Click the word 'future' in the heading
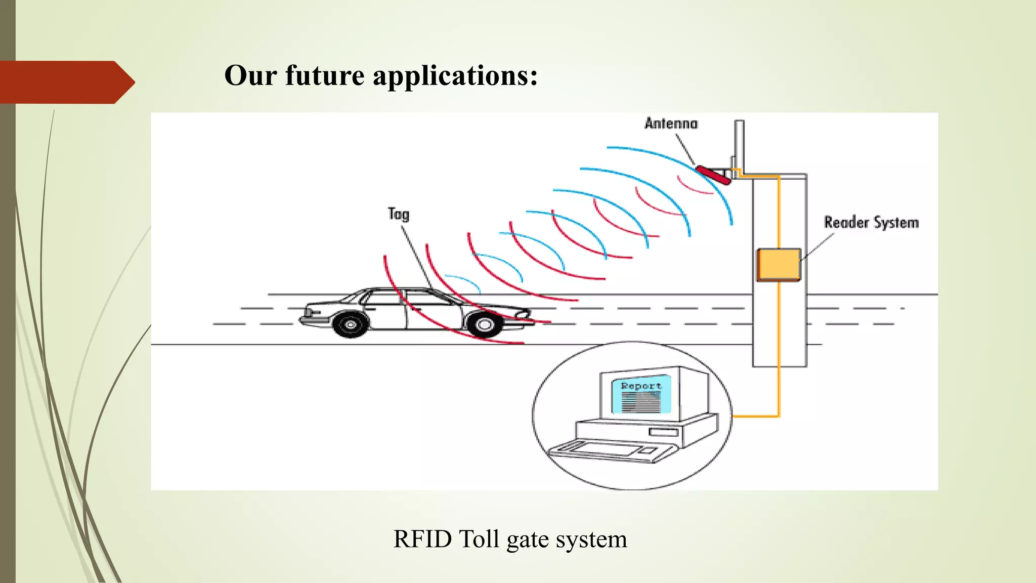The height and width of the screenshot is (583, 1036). [324, 76]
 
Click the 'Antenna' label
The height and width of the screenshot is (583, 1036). [671, 123]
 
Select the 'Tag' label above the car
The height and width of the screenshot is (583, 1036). [399, 214]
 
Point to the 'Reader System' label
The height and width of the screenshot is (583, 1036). [871, 223]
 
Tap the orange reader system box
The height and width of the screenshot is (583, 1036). [779, 264]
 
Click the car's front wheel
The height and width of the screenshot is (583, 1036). [484, 324]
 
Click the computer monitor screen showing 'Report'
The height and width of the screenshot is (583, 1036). [641, 395]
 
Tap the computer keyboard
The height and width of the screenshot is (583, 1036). [607, 450]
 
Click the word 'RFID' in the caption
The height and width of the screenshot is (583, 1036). [422, 539]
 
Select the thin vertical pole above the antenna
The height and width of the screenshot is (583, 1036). [739, 142]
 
